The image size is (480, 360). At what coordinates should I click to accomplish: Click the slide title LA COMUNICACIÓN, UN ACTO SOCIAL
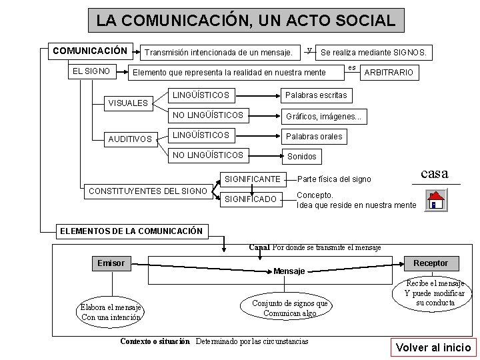245,20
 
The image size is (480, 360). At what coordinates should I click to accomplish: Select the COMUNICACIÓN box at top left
90,51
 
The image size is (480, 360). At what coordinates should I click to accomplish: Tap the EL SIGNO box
92,69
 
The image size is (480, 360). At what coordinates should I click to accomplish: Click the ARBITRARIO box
387,72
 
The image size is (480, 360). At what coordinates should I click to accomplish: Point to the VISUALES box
128,103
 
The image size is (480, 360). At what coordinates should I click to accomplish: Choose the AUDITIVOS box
131,139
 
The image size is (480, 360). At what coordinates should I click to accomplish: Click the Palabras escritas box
316,95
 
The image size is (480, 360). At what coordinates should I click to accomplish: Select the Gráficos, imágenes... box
323,116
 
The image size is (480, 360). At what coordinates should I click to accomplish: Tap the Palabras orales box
314,137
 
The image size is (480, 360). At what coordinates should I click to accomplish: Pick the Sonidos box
301,157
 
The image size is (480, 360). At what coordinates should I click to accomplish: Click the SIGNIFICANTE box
252,179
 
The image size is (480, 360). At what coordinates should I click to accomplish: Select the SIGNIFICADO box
251,199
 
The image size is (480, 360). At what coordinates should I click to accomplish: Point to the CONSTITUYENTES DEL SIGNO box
147,191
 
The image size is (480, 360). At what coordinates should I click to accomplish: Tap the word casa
435,173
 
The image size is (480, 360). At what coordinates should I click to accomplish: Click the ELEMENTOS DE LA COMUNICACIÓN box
131,231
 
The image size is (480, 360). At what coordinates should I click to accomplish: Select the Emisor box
111,263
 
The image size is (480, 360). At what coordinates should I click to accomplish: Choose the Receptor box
431,263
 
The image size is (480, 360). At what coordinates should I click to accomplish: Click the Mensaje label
289,271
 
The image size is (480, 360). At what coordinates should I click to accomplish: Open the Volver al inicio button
433,347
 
